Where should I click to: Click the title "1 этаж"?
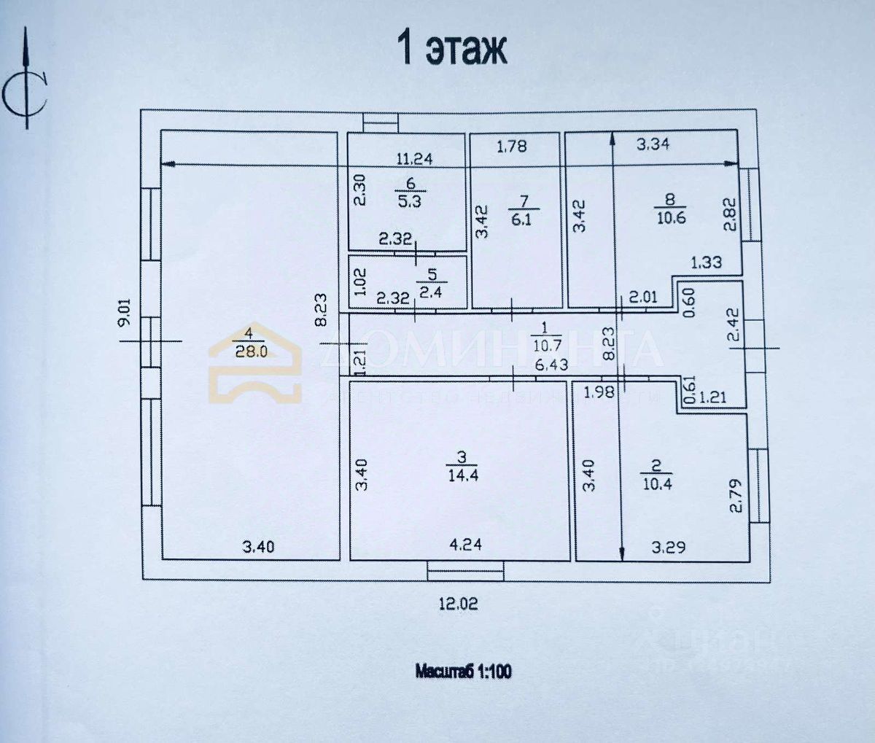[451, 48]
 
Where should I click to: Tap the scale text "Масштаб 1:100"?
[463, 671]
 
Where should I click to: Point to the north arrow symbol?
[26, 80]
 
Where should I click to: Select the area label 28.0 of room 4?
[250, 351]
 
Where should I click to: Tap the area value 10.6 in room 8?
[670, 217]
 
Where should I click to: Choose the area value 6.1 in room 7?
[521, 219]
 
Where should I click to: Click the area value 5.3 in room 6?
[409, 201]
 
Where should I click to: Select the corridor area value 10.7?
[544, 344]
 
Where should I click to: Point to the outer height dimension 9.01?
[124, 311]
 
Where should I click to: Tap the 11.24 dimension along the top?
[414, 158]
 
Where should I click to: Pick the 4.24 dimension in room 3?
[464, 544]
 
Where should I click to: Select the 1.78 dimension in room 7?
[511, 147]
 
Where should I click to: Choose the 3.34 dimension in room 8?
[653, 144]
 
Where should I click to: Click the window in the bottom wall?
[465, 569]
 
